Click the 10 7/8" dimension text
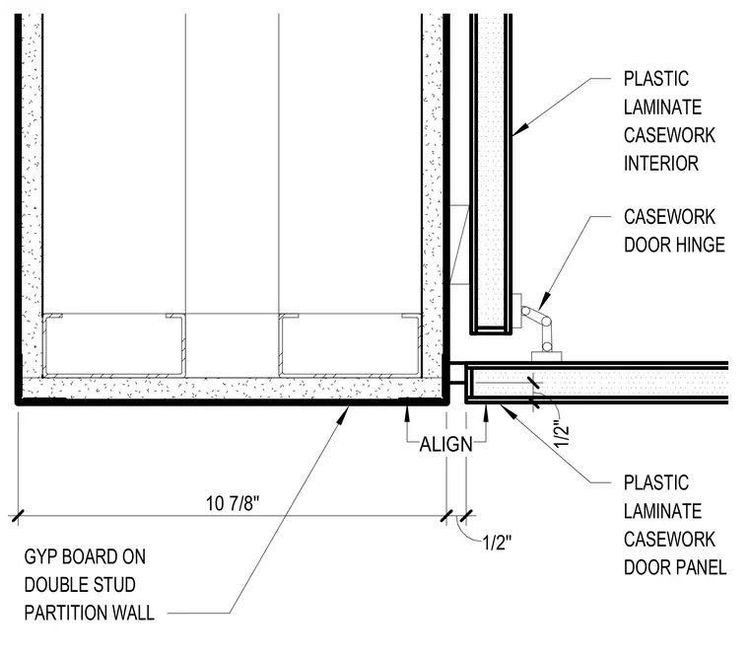coord(233,503)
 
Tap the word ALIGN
coord(446,445)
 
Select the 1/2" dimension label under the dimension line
coord(497,544)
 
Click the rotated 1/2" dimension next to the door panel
coord(562,434)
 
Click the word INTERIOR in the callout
coord(661,164)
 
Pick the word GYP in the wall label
coord(41,556)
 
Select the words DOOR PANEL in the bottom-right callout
coord(675,567)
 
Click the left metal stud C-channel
coord(113,344)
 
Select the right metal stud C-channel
coord(350,344)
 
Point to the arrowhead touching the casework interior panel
coord(520,129)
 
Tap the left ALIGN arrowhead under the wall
coord(407,413)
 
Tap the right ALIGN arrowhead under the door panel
coord(486,413)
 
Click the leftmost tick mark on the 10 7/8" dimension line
coord(18,516)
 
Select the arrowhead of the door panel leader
coord(509,411)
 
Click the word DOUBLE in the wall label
coord(53,585)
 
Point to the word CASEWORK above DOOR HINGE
coord(669,217)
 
